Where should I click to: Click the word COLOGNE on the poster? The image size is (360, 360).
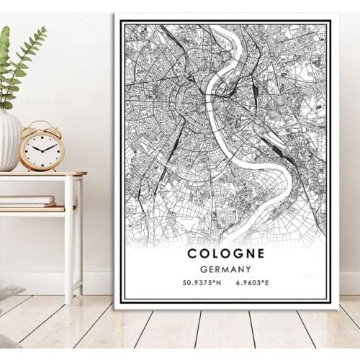coord(225,253)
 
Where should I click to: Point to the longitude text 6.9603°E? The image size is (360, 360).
coord(252,282)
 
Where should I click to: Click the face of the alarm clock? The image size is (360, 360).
coord(42,149)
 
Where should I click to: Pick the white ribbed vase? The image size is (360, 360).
coord(9,140)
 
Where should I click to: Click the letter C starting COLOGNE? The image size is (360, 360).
coord(192,253)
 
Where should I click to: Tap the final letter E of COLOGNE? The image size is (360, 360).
coord(260,253)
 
